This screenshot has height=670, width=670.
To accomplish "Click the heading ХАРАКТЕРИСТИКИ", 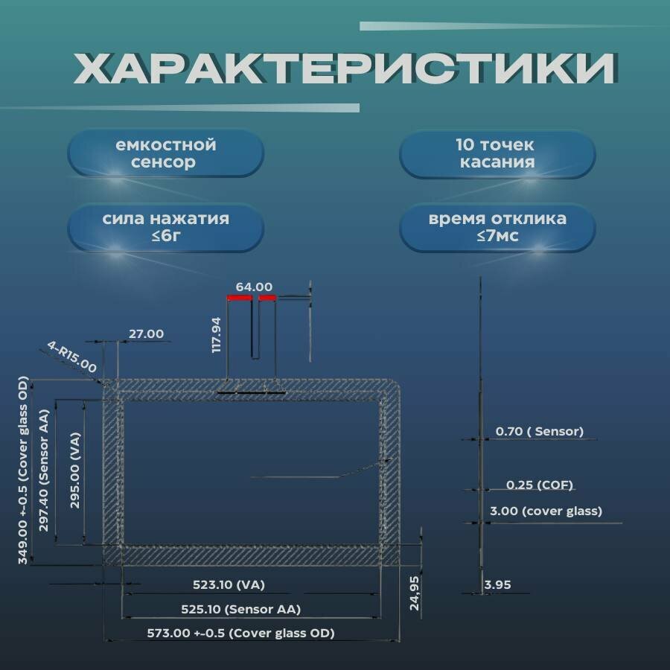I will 344,69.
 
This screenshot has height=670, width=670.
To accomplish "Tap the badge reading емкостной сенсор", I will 165,153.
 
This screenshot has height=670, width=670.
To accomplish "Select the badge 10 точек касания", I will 497,153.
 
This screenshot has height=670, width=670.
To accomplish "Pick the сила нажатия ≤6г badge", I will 165,227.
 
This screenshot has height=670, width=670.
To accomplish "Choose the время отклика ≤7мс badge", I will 497,227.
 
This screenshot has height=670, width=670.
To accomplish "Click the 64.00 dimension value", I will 254,287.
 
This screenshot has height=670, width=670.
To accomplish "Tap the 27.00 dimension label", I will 146,334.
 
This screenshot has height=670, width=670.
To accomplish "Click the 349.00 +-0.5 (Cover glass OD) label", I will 24,470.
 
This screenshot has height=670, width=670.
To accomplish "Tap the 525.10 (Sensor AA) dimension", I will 240,609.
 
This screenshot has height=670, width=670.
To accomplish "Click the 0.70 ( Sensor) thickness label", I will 539,431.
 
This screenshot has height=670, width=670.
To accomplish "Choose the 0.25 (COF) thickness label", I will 539,485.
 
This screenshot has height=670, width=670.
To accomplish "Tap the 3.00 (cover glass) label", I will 546,511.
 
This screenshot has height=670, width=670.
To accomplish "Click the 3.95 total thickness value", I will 497,585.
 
